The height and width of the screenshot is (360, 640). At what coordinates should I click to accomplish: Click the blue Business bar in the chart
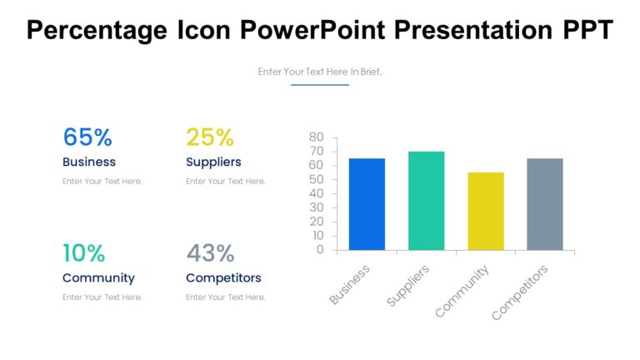pos(367,204)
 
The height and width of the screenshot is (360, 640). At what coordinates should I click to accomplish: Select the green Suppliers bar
pos(426,201)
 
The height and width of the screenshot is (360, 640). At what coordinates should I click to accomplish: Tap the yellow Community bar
pos(485,212)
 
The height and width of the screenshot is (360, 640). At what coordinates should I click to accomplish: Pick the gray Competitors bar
pos(544,204)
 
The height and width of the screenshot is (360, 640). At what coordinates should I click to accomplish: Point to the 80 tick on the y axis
pos(316,137)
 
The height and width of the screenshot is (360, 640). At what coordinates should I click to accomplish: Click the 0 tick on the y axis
pos(320,250)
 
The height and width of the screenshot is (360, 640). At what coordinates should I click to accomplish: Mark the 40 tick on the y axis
pos(316,193)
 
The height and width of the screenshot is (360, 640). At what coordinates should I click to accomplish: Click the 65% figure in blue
pos(87,137)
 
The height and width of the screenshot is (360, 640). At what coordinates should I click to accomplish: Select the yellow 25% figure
pos(210,137)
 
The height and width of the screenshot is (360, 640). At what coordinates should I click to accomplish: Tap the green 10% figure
pos(84,252)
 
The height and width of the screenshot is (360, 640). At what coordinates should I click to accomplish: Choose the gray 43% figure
pos(210,252)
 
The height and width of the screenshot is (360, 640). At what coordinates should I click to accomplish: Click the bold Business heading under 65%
pos(89,162)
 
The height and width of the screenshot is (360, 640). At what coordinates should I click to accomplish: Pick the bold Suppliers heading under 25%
pos(213,162)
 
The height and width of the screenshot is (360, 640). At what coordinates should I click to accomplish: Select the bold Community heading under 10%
pos(98,277)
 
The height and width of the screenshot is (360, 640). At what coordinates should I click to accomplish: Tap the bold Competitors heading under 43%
pos(223,277)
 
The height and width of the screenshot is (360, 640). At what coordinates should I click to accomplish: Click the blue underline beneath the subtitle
pos(320,85)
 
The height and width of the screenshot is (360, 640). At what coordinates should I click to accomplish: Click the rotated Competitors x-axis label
pos(521,292)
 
